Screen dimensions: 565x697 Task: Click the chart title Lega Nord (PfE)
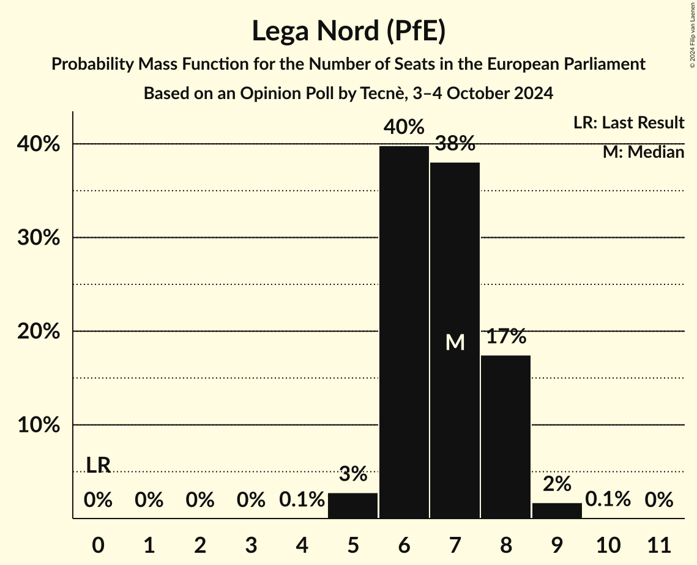coord(348,31)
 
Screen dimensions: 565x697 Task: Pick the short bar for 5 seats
coord(353,505)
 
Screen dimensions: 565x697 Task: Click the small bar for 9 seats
coord(557,510)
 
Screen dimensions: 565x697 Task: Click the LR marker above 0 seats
coord(98,465)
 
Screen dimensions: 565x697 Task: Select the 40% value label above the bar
coord(404,128)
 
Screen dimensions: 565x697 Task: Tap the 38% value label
coord(455,144)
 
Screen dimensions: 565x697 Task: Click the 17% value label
coord(506,336)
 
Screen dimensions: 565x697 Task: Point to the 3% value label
coord(353,474)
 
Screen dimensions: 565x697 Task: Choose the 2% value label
coord(557,484)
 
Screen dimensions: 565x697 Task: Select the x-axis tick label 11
coord(659,544)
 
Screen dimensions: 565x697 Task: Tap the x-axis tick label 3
coord(251,544)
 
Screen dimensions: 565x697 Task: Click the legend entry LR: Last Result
coord(628,123)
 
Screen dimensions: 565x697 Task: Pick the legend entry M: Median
coord(643,152)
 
